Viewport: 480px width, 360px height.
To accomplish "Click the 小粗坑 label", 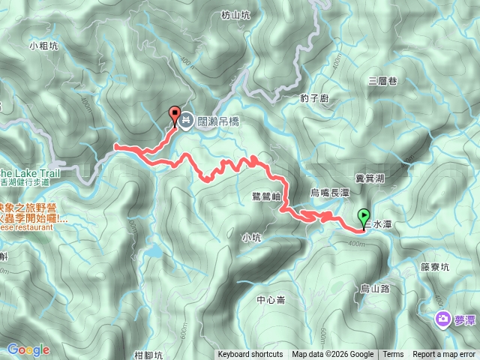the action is point(43,46).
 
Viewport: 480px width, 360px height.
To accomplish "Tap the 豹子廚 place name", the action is point(313,97).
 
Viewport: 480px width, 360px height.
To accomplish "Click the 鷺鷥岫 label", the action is point(266,196).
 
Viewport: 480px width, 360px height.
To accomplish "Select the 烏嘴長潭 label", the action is point(330,193).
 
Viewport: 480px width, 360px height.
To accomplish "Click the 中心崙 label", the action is point(271,300).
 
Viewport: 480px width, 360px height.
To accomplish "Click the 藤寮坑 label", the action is point(435,266).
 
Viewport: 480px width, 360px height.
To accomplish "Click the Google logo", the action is point(28,349).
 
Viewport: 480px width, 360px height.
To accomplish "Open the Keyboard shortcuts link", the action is point(250,355).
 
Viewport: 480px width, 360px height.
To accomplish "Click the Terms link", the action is point(393,355).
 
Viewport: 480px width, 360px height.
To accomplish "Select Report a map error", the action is point(445,355).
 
